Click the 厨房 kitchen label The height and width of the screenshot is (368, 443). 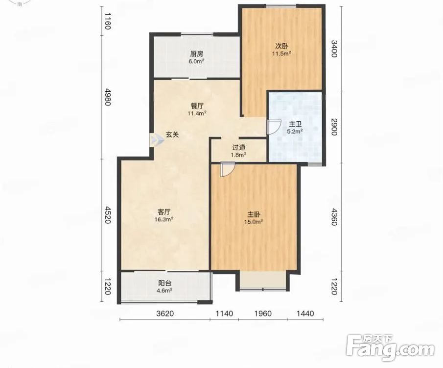[x=197, y=54]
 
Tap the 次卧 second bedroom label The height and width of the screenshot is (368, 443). [x=281, y=46]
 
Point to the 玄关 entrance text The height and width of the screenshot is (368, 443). [x=172, y=135]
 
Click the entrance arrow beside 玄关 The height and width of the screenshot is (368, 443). [x=157, y=139]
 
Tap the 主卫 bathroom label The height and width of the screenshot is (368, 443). [x=295, y=124]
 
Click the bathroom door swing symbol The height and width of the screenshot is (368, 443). [x=274, y=127]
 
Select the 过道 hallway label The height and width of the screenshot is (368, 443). [x=239, y=148]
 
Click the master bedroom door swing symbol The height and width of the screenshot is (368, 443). [x=228, y=169]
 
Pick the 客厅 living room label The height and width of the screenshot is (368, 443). [x=164, y=212]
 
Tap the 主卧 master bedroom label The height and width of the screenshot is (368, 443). [x=254, y=214]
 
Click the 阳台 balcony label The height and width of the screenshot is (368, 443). [x=164, y=283]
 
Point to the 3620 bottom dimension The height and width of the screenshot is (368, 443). [x=165, y=314]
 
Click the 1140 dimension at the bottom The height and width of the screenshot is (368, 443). [x=224, y=314]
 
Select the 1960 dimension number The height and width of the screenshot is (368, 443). [x=263, y=314]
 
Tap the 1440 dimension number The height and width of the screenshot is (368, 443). [x=305, y=314]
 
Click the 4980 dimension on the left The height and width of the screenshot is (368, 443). [x=108, y=97]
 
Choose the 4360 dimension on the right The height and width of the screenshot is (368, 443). [x=334, y=217]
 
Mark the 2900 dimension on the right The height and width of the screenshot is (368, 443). [x=334, y=127]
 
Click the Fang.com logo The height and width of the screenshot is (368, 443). [x=390, y=347]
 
